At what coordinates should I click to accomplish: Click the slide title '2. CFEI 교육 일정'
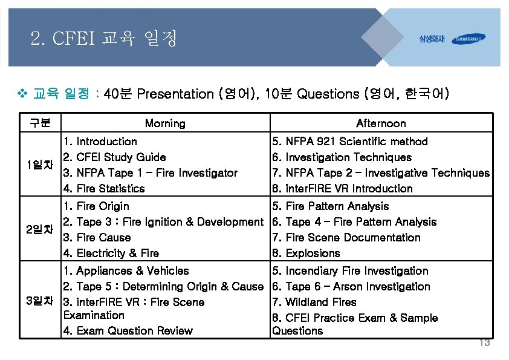coord(103,40)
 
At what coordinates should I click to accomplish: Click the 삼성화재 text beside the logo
coord(432,39)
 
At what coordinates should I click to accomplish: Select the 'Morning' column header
coord(165,123)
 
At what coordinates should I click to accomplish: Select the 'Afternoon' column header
coord(381,123)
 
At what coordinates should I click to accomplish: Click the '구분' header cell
coord(40,123)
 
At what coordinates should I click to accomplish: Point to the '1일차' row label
coord(40,165)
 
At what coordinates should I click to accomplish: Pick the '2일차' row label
coord(40,229)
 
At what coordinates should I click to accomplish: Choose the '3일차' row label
coord(40,301)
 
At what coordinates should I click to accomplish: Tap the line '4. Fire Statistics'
coord(104,189)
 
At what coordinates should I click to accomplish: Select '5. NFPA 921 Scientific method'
coord(350,142)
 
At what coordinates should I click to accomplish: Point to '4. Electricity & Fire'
coord(111,254)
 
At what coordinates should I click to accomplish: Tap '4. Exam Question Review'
coord(128,331)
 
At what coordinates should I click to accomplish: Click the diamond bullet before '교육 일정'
coord(23,94)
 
